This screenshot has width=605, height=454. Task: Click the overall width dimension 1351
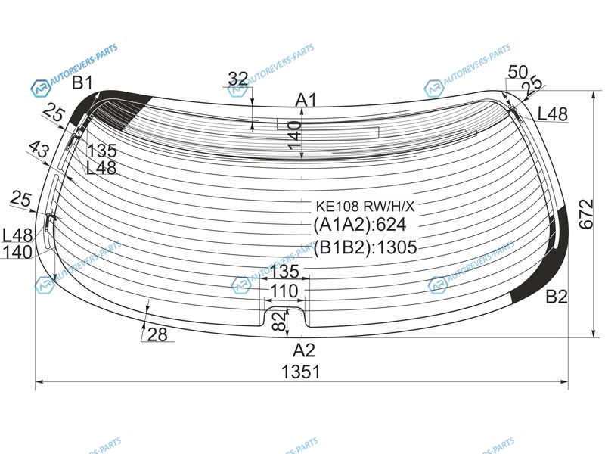300,372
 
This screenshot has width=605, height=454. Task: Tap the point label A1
306,100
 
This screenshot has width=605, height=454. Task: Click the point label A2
304,350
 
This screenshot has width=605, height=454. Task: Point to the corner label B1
82,82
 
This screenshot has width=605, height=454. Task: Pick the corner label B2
557,297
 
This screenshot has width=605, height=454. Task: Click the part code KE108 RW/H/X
365,207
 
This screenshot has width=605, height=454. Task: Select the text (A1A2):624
360,224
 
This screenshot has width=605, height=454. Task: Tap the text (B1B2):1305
365,247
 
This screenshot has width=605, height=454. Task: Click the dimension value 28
157,334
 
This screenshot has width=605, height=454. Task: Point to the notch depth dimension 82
280,321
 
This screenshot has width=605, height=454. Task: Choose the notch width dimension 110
284,291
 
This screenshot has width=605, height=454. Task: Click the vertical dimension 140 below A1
294,135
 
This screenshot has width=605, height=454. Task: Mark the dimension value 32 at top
238,79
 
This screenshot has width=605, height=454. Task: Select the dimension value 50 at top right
518,72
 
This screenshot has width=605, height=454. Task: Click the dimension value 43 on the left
39,149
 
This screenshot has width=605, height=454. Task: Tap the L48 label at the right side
553,114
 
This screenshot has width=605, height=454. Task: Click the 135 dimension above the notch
284,272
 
